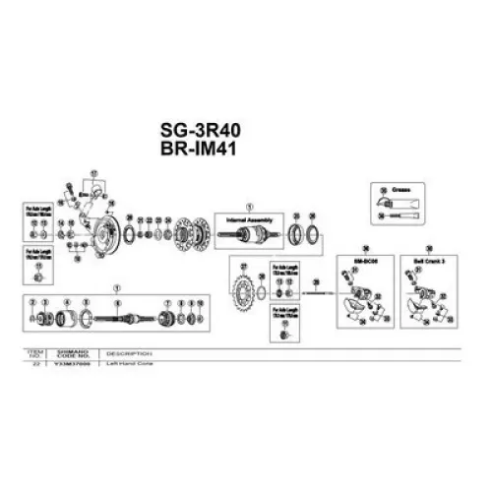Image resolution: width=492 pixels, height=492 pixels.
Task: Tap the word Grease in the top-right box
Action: pyautogui.click(x=399, y=187)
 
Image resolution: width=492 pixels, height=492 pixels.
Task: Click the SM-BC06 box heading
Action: pyautogui.click(x=364, y=260)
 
